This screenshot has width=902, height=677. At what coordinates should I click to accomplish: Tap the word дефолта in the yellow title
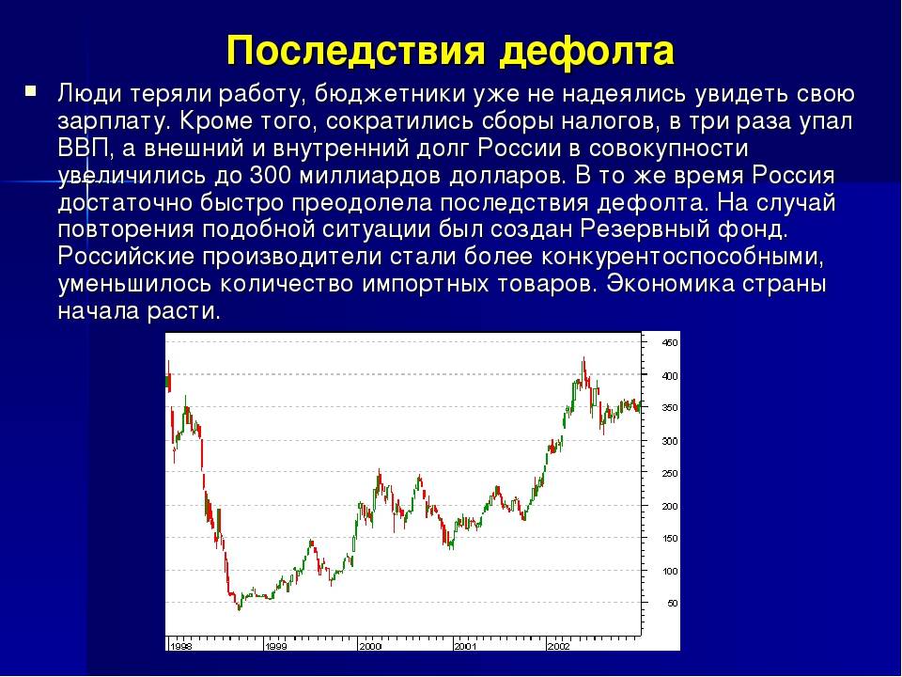click(x=586, y=51)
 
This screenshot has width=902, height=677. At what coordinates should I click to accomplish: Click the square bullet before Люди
click(x=30, y=91)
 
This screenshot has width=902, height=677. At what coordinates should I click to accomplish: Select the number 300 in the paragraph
click(x=271, y=176)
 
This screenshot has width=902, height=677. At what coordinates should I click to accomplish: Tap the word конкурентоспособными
click(x=682, y=257)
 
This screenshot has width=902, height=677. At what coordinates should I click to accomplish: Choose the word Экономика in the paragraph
click(x=670, y=284)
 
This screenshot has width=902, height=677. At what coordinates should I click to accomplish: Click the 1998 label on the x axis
click(x=181, y=646)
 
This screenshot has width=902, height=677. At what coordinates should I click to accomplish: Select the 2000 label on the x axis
click(x=370, y=646)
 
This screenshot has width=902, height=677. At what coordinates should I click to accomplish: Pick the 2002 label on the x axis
click(x=558, y=646)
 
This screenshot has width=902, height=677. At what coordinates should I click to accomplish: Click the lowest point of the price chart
click(x=240, y=609)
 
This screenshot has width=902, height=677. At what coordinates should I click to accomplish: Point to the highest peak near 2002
click(x=583, y=357)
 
